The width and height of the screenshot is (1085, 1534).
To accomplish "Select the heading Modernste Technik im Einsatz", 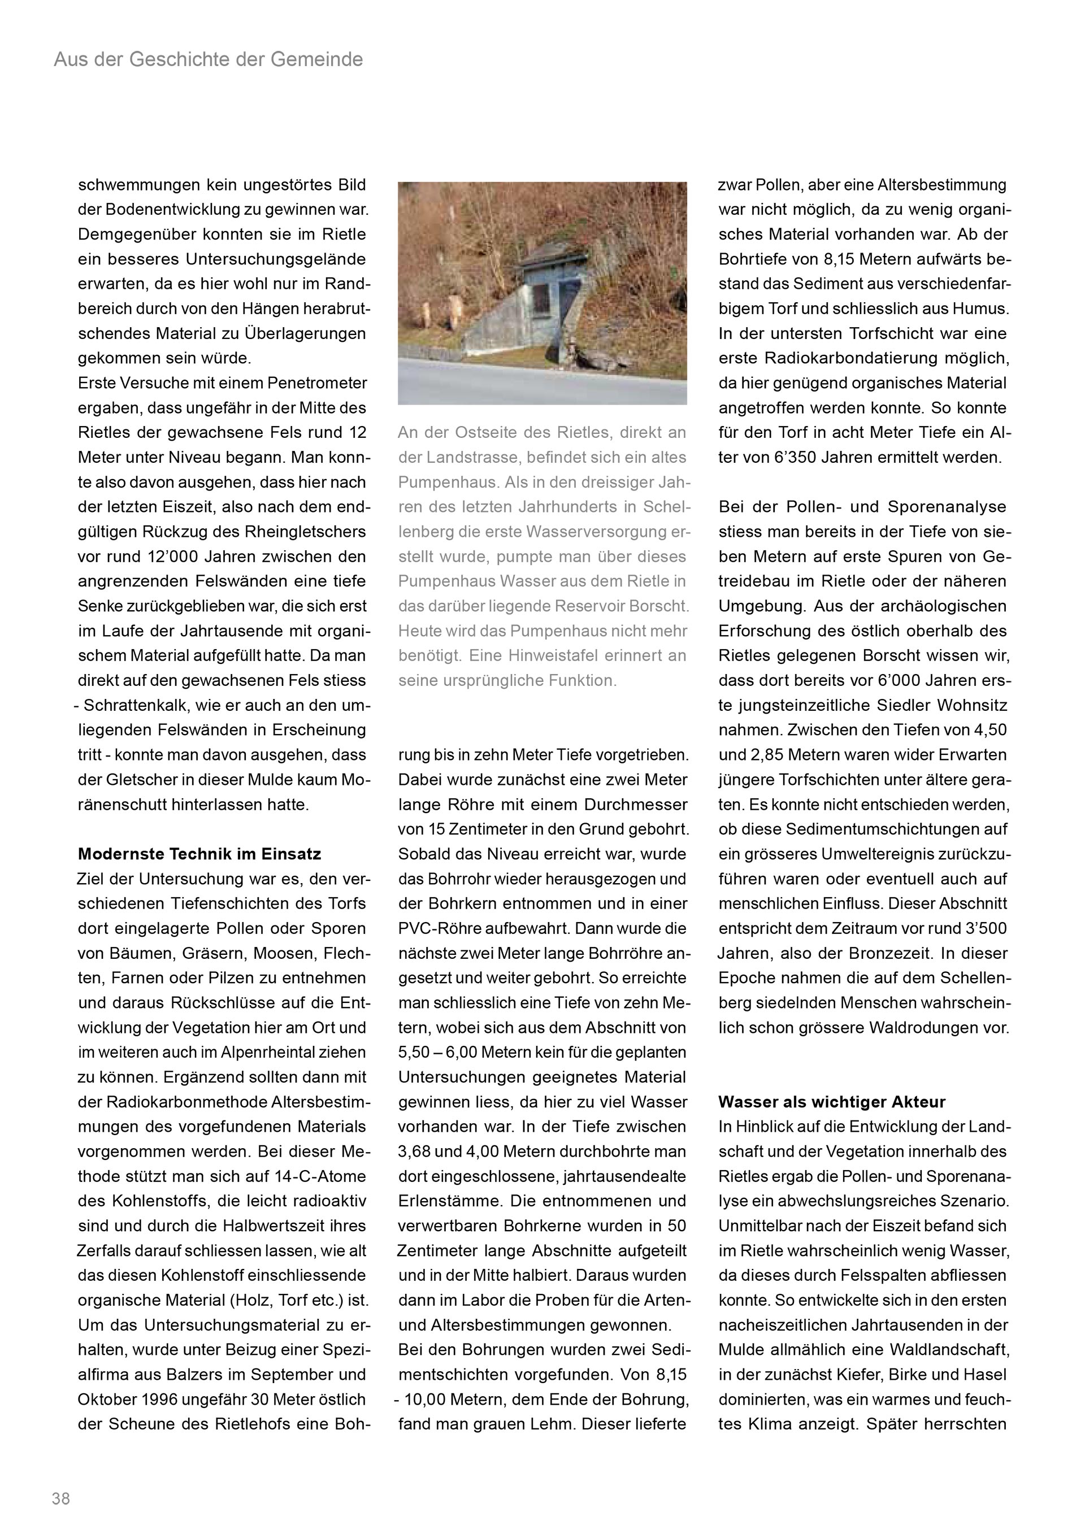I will [x=199, y=854].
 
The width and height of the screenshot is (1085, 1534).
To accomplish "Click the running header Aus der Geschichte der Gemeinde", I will [x=209, y=59].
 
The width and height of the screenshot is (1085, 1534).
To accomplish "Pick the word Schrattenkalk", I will [x=136, y=706].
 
